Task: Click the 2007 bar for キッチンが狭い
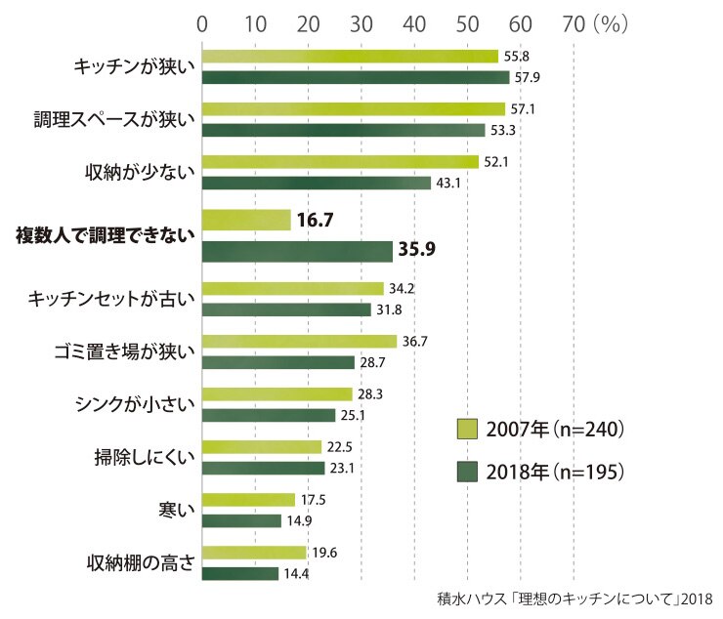coord(351,57)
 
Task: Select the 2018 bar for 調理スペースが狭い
coord(344,130)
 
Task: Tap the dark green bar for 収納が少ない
coord(317,183)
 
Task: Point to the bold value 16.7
coord(315,220)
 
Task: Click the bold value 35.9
coord(417,249)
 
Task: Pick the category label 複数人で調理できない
coord(106,235)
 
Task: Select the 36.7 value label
coord(415,342)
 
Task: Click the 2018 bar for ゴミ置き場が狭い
coord(278,363)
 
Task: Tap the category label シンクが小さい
coord(135,404)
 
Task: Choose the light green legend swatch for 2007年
coord(467,429)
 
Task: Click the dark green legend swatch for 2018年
coord(467,472)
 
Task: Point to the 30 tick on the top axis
coord(361,24)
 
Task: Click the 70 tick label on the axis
coord(574,24)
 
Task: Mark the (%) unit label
coord(611,24)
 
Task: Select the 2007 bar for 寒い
coord(248,500)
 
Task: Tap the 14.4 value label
coord(296,574)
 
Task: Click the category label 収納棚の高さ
coord(141,562)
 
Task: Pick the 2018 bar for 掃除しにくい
coord(264,469)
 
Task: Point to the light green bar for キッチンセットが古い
coord(293,289)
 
